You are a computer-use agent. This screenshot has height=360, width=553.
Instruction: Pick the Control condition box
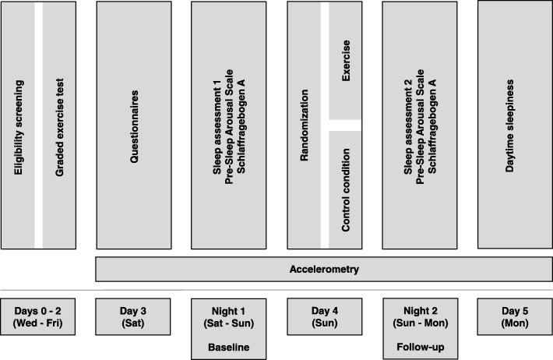345,188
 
